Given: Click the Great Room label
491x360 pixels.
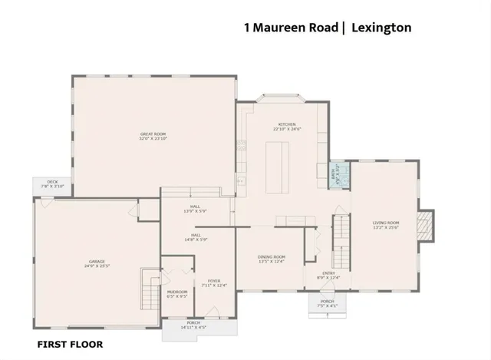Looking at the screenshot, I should coord(153,137).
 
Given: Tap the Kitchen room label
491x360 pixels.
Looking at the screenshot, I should coord(286,127).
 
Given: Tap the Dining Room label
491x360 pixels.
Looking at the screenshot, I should coord(272,259).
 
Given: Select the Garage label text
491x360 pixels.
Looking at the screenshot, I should coord(95,264).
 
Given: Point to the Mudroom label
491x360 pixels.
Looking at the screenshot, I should coord(177,294).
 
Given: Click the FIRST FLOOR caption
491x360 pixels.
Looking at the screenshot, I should coord(70,345).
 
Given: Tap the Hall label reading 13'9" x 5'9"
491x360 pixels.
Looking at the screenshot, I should coord(195,209).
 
